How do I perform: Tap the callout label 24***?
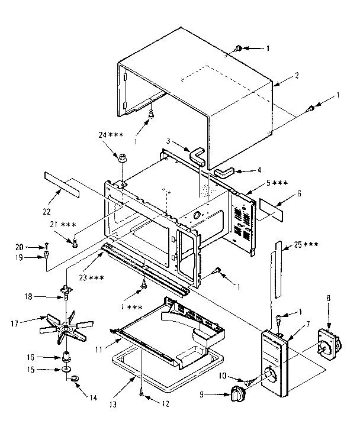tap(111, 135)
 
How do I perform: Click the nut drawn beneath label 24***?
tap(123, 158)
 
